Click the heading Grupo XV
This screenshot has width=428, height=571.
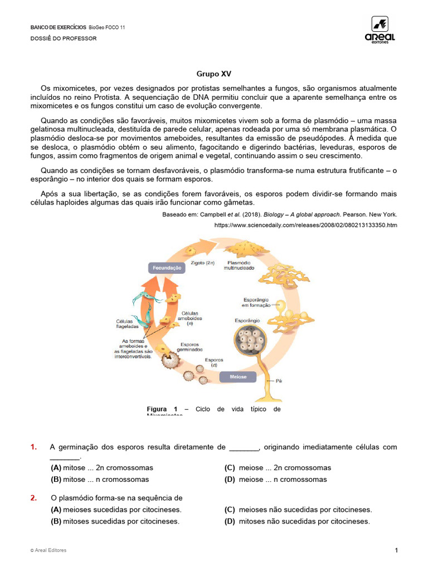pyautogui.click(x=213, y=74)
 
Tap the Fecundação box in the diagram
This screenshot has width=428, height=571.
pyautogui.click(x=167, y=268)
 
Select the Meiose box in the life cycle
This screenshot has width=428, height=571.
pyautogui.click(x=238, y=377)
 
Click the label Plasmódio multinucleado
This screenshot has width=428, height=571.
pyautogui.click(x=239, y=265)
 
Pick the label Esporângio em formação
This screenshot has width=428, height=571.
pyautogui.click(x=256, y=302)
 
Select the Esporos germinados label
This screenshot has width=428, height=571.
pyautogui.click(x=189, y=347)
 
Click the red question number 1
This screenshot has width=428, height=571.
pyautogui.click(x=33, y=447)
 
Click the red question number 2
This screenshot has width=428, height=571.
pyautogui.click(x=33, y=498)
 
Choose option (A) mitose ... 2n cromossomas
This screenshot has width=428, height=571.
pyautogui.click(x=102, y=468)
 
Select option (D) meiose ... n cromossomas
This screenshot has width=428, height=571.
pyautogui.click(x=275, y=480)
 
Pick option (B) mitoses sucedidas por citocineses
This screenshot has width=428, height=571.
pyautogui.click(x=115, y=521)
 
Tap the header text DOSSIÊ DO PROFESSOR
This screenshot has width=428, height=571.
pyautogui.click(x=63, y=38)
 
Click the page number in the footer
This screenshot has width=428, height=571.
pyautogui.click(x=396, y=551)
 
